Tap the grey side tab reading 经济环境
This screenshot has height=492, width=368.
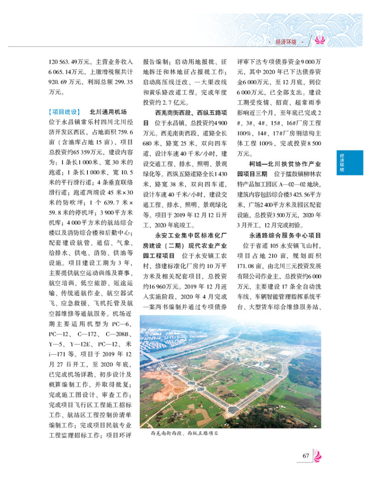(342, 162)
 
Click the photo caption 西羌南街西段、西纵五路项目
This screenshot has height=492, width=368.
(184, 433)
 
